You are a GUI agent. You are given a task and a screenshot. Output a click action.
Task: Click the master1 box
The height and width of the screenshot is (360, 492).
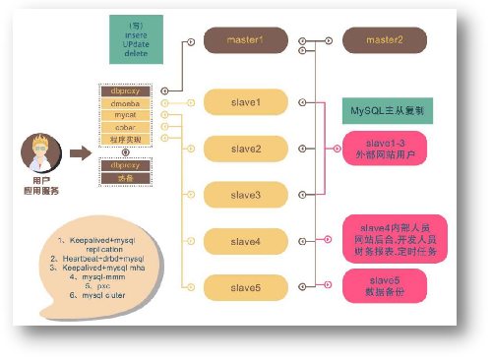click(245, 40)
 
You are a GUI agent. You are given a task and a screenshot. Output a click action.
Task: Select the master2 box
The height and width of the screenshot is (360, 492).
click(385, 40)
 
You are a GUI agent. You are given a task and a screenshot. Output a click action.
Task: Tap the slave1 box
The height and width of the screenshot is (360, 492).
click(245, 101)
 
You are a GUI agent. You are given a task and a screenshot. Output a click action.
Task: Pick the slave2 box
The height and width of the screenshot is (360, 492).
click(245, 149)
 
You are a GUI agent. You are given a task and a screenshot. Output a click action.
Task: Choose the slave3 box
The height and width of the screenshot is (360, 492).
click(245, 195)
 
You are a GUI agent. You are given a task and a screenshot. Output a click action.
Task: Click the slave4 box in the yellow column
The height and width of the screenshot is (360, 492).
click(245, 241)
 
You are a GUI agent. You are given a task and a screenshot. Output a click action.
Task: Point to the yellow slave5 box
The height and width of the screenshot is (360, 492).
click(245, 287)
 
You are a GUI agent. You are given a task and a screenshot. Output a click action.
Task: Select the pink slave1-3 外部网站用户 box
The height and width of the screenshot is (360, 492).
click(385, 149)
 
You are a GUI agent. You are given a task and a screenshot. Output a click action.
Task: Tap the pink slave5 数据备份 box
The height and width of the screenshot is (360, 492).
click(385, 285)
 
